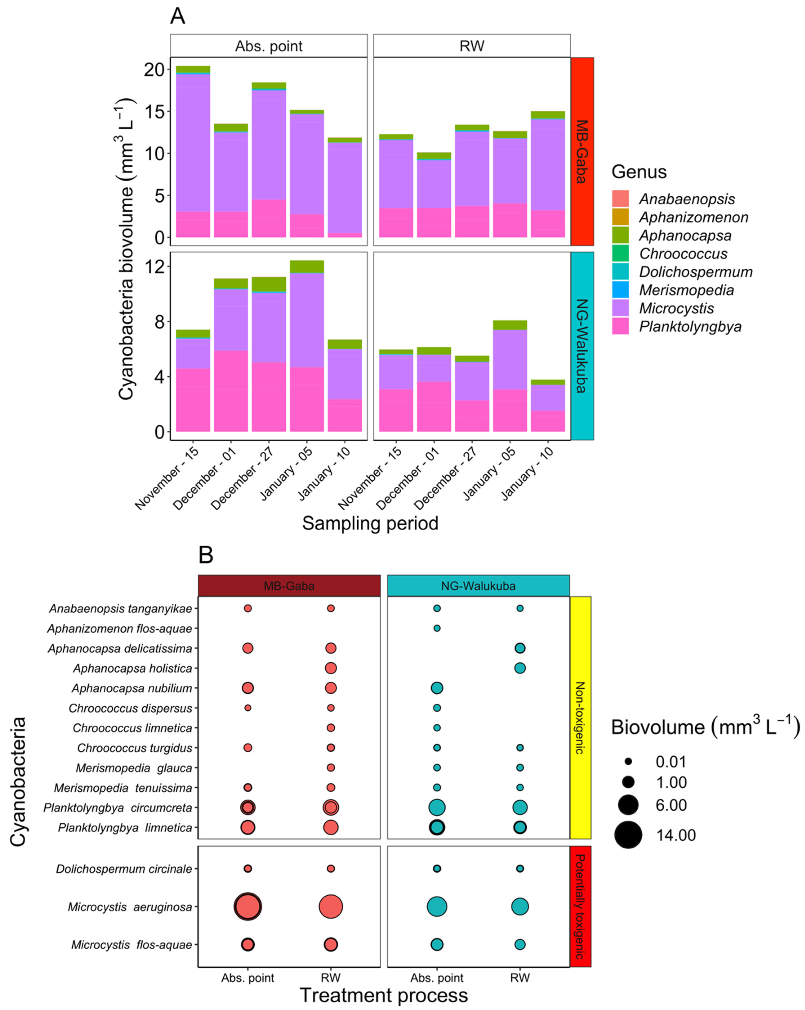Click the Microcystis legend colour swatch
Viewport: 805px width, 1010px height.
tap(620, 308)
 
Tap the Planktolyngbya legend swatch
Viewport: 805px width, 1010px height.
tap(620, 326)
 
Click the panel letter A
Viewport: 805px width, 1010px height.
tap(178, 16)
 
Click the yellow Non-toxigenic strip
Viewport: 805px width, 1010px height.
tap(580, 718)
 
